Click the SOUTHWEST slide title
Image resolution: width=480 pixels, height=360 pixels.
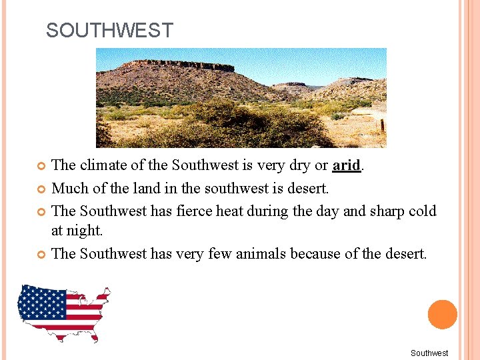coord(109,31)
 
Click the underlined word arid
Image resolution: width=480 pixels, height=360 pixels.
coord(346,165)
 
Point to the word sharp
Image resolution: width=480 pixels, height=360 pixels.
coord(388,211)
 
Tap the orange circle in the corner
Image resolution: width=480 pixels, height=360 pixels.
coord(442,314)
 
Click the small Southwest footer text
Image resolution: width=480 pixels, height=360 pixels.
coord(429,353)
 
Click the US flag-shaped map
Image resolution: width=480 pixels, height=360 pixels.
coord(63,311)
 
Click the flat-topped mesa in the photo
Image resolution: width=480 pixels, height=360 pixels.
coord(180,66)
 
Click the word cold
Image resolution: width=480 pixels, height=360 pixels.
coord(422,211)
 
